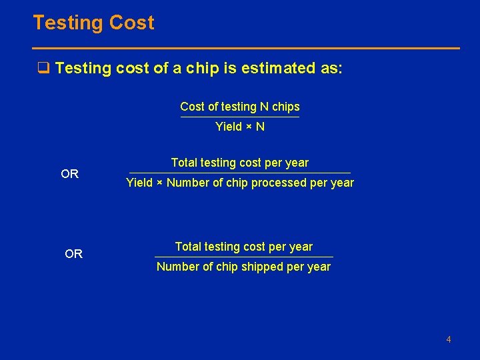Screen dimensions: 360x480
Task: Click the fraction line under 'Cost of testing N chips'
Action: pyautogui.click(x=240, y=117)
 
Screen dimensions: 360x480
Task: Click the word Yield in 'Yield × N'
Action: pyautogui.click(x=229, y=127)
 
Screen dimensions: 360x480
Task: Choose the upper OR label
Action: pyautogui.click(x=70, y=174)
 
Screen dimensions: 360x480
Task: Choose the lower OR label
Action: pyautogui.click(x=74, y=254)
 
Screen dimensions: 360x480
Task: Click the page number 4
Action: pyautogui.click(x=449, y=340)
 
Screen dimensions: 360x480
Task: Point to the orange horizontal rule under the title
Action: pyautogui.click(x=246, y=48)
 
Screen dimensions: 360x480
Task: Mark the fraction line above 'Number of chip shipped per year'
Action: pyautogui.click(x=243, y=257)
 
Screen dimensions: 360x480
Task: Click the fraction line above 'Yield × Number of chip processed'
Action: pyautogui.click(x=239, y=173)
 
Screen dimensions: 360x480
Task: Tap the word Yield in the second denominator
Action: pyautogui.click(x=139, y=183)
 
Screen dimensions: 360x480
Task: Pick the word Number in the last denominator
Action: pyautogui.click(x=177, y=267)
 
